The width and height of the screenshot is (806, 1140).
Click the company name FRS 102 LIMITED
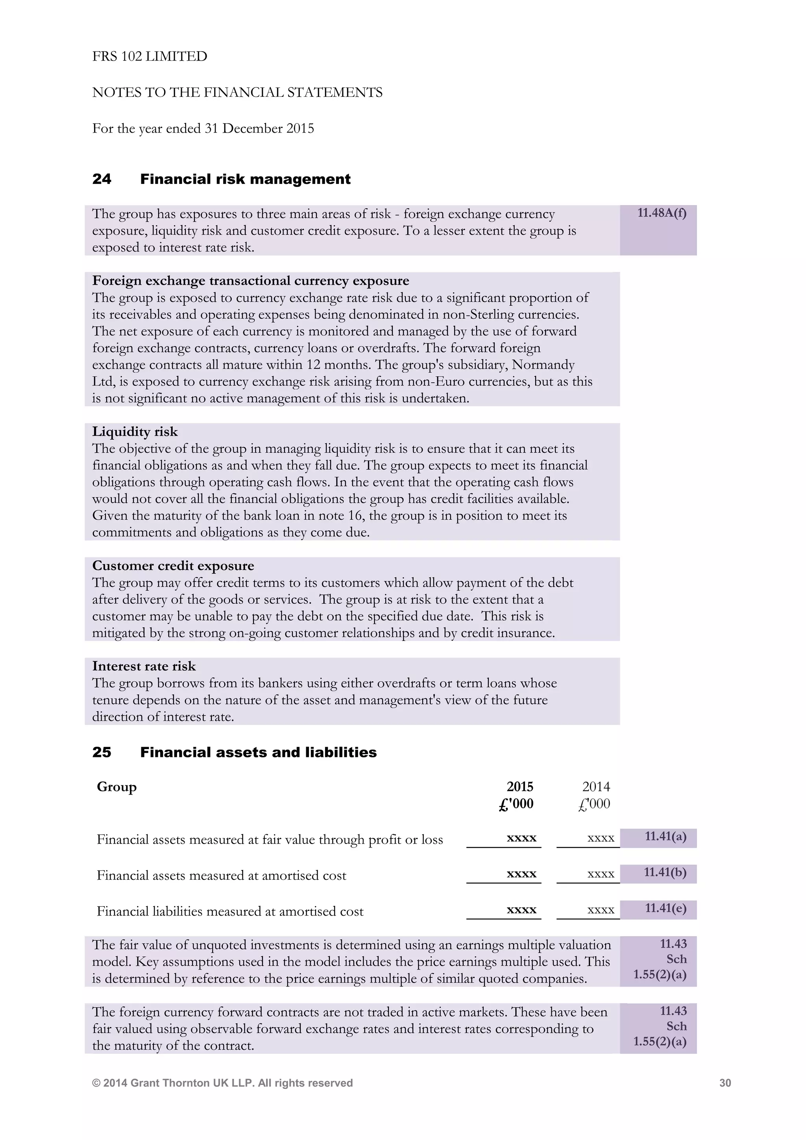point(150,57)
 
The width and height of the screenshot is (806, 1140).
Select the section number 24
point(102,179)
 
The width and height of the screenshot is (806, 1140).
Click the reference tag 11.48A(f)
point(662,213)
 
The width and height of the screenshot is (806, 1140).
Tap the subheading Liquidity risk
point(135,431)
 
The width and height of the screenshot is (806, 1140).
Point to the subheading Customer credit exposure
point(173,566)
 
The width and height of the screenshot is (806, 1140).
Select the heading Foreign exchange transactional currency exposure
point(251,281)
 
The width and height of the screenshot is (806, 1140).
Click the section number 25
point(102,752)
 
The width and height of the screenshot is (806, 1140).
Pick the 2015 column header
point(519,787)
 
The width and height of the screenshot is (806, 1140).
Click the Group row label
point(116,787)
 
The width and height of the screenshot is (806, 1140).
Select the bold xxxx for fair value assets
point(521,838)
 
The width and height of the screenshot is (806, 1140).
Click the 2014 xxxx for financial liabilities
point(601,910)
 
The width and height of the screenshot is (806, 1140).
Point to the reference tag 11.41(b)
point(665,872)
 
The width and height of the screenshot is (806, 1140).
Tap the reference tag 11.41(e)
point(665,909)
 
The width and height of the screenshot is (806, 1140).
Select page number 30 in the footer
point(725,1083)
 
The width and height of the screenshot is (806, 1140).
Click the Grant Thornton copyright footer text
point(222,1083)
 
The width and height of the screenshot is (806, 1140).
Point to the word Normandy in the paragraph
point(543,365)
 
